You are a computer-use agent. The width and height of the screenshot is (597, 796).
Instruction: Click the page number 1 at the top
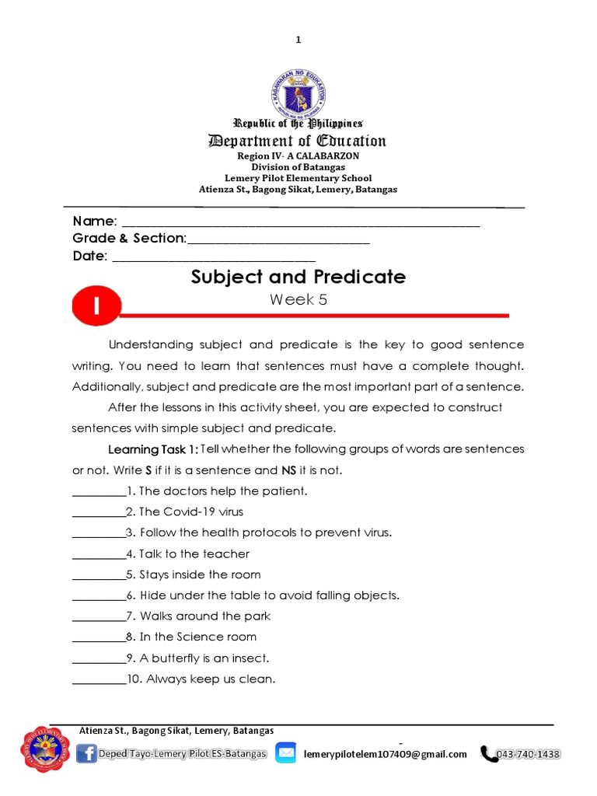[298, 40]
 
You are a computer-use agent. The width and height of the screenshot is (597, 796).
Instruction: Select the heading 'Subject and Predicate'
[298, 277]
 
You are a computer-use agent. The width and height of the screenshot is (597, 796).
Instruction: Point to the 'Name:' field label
[95, 221]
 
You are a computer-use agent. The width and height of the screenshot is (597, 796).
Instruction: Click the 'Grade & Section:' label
[129, 238]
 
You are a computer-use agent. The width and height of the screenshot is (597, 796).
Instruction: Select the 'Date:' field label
[90, 256]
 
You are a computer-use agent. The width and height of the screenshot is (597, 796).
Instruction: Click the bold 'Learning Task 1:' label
[153, 449]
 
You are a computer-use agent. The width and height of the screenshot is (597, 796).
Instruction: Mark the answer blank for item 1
[99, 491]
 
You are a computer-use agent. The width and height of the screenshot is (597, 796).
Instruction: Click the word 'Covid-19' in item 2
[191, 511]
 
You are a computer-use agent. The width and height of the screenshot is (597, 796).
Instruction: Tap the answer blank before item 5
[99, 575]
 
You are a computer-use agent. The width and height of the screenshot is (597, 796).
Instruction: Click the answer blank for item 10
[99, 679]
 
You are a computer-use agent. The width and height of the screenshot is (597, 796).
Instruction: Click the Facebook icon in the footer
[87, 753]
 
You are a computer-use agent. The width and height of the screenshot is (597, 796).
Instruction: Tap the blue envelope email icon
[286, 753]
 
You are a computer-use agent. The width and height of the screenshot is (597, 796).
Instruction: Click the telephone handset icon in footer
[489, 753]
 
